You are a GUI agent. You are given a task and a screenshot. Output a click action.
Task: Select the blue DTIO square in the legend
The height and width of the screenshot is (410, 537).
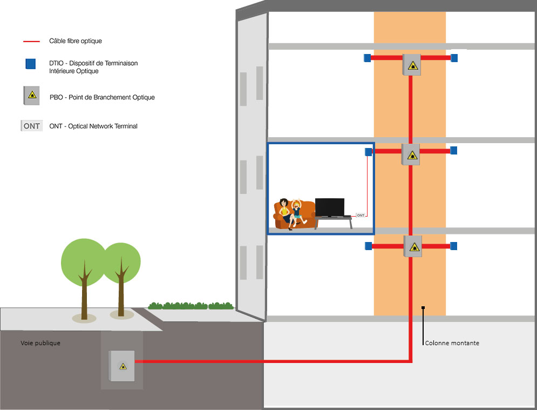tap(31, 64)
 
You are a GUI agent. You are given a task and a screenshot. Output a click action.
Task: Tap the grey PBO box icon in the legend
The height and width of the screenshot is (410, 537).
tap(30, 95)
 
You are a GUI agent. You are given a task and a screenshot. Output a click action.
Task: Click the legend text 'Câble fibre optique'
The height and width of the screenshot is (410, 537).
tap(75, 41)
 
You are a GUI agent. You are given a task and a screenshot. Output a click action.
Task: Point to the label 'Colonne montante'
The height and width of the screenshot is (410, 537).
tap(452, 343)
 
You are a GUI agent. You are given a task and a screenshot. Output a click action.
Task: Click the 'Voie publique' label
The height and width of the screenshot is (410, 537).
tap(40, 343)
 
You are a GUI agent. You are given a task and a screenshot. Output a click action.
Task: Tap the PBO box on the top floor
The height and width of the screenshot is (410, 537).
tap(412, 65)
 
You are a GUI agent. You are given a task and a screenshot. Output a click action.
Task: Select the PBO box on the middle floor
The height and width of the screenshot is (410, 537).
tap(411, 155)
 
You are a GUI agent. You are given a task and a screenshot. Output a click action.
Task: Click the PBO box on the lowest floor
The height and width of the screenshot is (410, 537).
tap(413, 246)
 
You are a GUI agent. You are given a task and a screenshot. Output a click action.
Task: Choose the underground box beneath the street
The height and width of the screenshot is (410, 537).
tap(121, 366)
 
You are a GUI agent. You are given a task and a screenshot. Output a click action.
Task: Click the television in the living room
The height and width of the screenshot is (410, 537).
tap(329, 207)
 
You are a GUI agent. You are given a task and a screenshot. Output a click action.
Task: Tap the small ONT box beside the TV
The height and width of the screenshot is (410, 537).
tap(361, 215)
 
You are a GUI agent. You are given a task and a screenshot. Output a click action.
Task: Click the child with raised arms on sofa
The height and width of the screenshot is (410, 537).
tap(296, 212)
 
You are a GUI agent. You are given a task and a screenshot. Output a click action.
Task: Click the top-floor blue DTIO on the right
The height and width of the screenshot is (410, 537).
tap(454, 58)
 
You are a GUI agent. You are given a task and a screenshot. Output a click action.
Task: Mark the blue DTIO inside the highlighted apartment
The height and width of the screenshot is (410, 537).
tap(369, 152)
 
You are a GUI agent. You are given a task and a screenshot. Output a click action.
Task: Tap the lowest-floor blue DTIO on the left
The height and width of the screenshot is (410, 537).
tap(369, 246)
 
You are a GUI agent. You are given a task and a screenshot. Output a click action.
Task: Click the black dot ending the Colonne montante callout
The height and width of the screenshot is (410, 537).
tap(424, 308)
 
